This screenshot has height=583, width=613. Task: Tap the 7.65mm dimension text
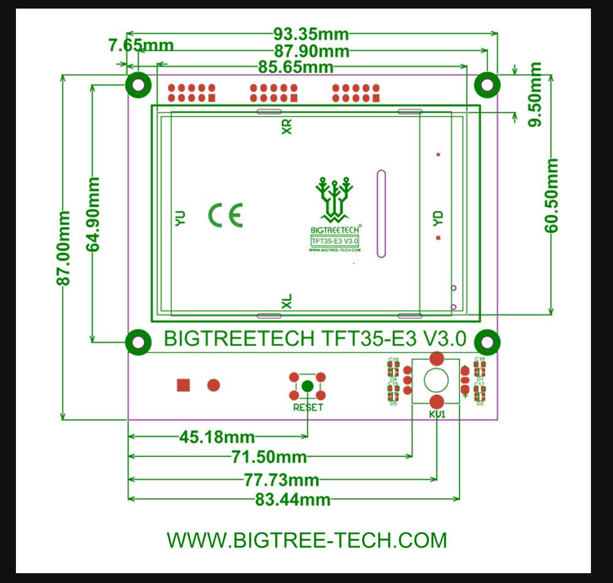pos(141,45)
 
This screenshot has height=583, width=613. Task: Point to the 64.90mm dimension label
pos(93,215)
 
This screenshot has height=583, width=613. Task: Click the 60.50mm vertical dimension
pos(552,196)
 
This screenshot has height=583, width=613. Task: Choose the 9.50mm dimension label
pos(536,94)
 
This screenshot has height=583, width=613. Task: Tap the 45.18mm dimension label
pos(216,437)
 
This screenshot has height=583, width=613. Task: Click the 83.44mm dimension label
pos(293,500)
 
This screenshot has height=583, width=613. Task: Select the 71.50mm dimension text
pos(270,457)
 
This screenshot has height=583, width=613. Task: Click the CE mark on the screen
pos(226,215)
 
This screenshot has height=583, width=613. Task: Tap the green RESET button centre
pos(308,386)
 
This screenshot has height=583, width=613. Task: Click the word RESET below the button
pos(308,408)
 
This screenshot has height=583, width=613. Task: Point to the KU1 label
pos(436,414)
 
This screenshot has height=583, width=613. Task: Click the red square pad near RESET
pos(183,385)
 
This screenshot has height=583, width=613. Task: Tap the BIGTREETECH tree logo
pos(335,200)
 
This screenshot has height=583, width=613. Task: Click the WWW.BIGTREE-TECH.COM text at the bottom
pos(306,540)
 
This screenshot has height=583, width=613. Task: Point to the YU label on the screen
pos(180,219)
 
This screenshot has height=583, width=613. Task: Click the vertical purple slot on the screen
pos(381,213)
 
